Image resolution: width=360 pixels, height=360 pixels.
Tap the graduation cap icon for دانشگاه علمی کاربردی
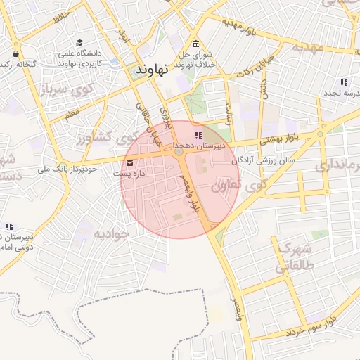79,43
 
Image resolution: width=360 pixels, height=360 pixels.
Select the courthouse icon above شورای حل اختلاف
195,44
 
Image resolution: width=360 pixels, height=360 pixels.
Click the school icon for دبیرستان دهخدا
198,135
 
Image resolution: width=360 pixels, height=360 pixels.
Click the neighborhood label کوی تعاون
238,185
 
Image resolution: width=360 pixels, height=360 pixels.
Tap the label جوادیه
112,233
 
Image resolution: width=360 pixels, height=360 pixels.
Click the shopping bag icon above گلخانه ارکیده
15,53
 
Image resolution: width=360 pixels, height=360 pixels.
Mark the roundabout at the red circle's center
179,152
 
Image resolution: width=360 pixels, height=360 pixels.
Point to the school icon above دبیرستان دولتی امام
9,226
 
